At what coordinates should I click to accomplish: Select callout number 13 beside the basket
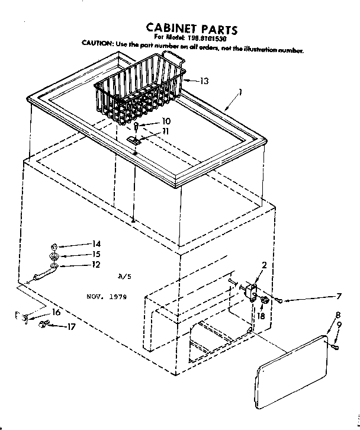tap(204, 81)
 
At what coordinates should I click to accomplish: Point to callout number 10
tap(166, 121)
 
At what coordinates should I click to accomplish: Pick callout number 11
tap(166, 131)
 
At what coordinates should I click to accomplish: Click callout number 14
tap(97, 244)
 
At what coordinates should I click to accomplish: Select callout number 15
tap(97, 255)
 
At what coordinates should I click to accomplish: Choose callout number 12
tap(97, 265)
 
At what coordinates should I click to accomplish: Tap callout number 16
tap(56, 312)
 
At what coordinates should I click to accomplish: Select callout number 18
tap(261, 317)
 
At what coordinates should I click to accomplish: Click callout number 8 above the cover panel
tap(337, 315)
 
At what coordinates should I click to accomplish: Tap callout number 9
tap(339, 325)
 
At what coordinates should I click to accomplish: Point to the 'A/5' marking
tap(124, 276)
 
